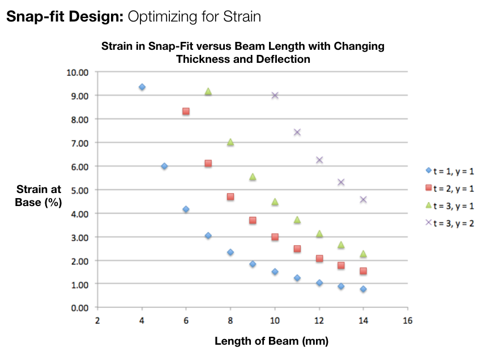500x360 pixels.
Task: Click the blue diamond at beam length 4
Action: click(x=142, y=87)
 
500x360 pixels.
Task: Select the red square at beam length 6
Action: click(x=186, y=112)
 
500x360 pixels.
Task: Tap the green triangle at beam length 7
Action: click(x=208, y=92)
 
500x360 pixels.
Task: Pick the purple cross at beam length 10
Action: click(x=275, y=95)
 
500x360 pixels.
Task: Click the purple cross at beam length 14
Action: click(x=364, y=199)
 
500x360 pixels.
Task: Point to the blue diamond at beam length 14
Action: click(x=364, y=289)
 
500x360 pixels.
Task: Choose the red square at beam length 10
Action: click(x=275, y=237)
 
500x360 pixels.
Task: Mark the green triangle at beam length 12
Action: click(x=319, y=234)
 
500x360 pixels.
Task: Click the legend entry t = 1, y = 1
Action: click(x=450, y=170)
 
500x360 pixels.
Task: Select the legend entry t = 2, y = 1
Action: click(x=450, y=187)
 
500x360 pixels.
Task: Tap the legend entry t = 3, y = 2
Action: click(x=450, y=223)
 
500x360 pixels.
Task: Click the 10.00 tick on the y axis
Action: click(x=79, y=72)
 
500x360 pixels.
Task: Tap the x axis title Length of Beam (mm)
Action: click(x=271, y=341)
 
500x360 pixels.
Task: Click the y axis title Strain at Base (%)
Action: click(x=39, y=195)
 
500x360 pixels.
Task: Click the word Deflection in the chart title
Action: click(x=284, y=59)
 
